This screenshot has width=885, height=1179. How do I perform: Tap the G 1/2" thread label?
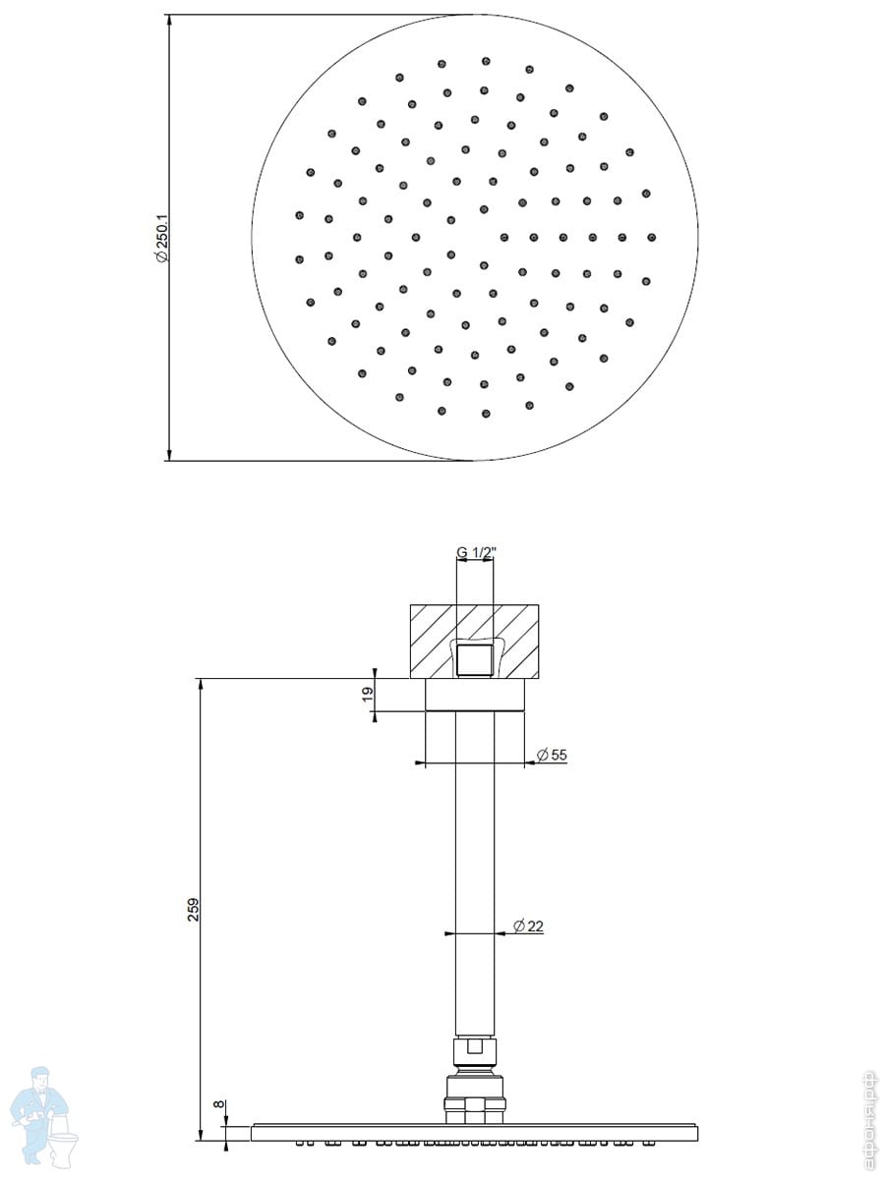pos(476,552)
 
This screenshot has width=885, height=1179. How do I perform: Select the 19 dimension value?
pos(368,694)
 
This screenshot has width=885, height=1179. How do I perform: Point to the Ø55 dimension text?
pos(552,755)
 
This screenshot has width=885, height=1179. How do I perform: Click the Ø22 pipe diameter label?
pos(528,926)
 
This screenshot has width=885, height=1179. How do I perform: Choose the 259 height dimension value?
pos(194,910)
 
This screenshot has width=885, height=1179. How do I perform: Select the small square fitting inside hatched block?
pos(475,660)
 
